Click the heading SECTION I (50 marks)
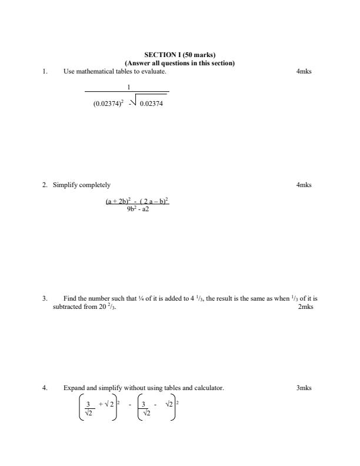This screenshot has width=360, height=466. (x=179, y=56)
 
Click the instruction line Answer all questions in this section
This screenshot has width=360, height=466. (x=179, y=63)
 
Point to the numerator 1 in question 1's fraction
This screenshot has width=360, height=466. (x=128, y=87)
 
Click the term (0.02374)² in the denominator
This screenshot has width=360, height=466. (x=108, y=104)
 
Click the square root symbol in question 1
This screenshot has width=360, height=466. (x=134, y=102)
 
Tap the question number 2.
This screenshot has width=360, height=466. (x=44, y=185)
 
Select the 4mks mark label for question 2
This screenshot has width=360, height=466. (x=304, y=185)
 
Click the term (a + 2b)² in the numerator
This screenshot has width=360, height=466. (x=117, y=201)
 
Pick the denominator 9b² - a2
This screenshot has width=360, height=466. (x=138, y=208)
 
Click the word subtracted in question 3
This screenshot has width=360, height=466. (x=66, y=307)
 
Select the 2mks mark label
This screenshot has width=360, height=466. (x=305, y=307)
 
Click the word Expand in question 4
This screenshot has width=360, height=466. (x=73, y=388)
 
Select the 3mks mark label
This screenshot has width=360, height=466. (x=304, y=388)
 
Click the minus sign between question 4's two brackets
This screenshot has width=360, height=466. (x=129, y=405)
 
